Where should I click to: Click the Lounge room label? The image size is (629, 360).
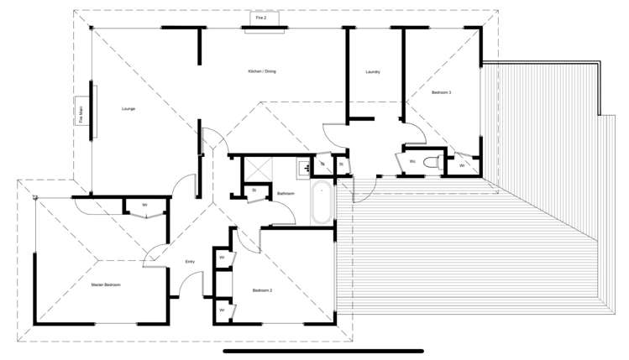pos(128,109)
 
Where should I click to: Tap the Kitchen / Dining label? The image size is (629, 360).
pos(262,71)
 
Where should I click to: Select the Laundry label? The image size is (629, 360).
pos(373,72)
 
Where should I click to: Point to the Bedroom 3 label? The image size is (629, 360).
pos(442,92)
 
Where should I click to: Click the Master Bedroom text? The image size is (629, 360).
pos(106,285)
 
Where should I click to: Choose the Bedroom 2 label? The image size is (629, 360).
pos(263,290)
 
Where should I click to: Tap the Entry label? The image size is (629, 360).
pos(190,263)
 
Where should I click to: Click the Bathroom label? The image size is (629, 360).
pos(286,194)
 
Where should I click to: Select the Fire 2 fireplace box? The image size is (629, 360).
pos(261,18)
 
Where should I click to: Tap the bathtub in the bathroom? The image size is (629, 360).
pos(322,202)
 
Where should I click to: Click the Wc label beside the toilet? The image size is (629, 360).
pos(412,161)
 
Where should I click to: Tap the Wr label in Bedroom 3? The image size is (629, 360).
pos(462,165)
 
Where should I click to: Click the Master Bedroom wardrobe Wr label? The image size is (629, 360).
pos(144,205)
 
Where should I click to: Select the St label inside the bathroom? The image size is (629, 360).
pos(254,190)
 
